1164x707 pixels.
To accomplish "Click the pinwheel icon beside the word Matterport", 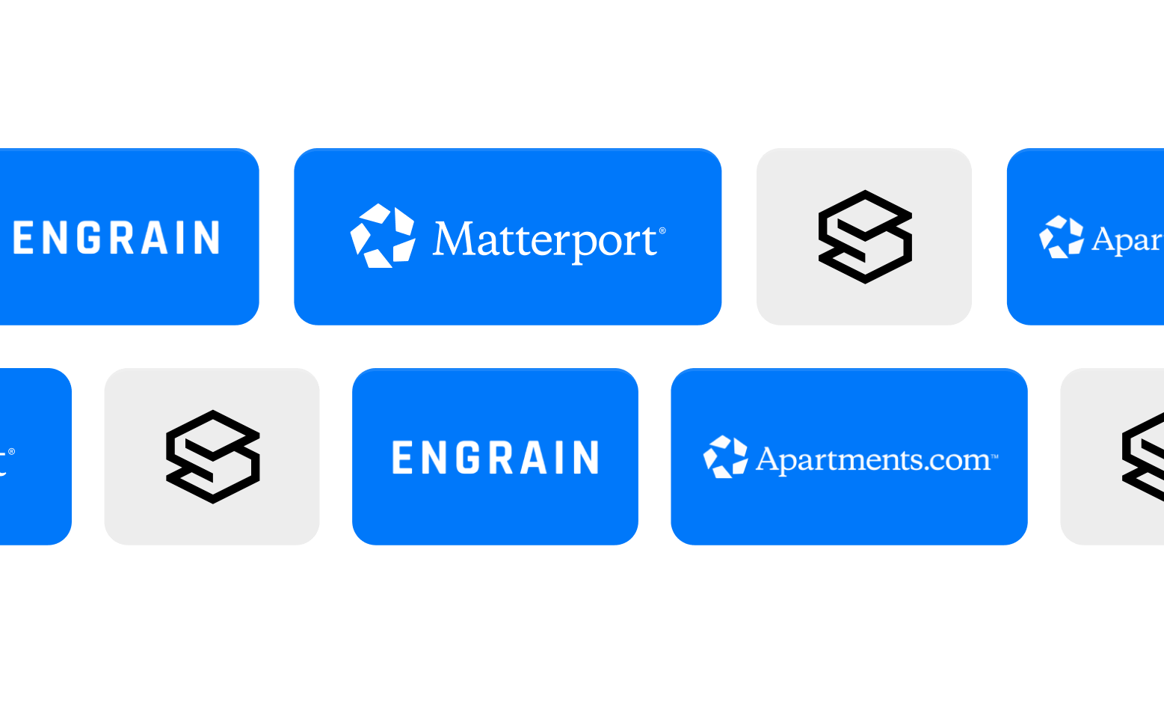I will pyautogui.click(x=383, y=236).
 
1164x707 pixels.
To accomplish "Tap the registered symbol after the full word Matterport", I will pyautogui.click(x=662, y=231).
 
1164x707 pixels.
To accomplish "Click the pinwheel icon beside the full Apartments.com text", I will pyautogui.click(x=725, y=456).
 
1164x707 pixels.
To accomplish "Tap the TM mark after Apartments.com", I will pyautogui.click(x=994, y=456).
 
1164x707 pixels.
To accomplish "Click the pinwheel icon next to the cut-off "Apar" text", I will pyautogui.click(x=1062, y=237).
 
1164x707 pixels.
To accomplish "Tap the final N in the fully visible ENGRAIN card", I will pyautogui.click(x=587, y=458).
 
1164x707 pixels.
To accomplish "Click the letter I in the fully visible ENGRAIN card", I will pyautogui.click(x=561, y=458).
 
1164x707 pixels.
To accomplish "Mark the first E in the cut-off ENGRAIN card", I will pyautogui.click(x=22, y=238).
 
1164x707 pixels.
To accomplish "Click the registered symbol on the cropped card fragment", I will pyautogui.click(x=11, y=451).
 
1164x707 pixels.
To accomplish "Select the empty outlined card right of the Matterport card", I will pyautogui.click(x=864, y=236).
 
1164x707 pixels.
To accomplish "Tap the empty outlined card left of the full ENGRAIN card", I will pyautogui.click(x=212, y=456).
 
